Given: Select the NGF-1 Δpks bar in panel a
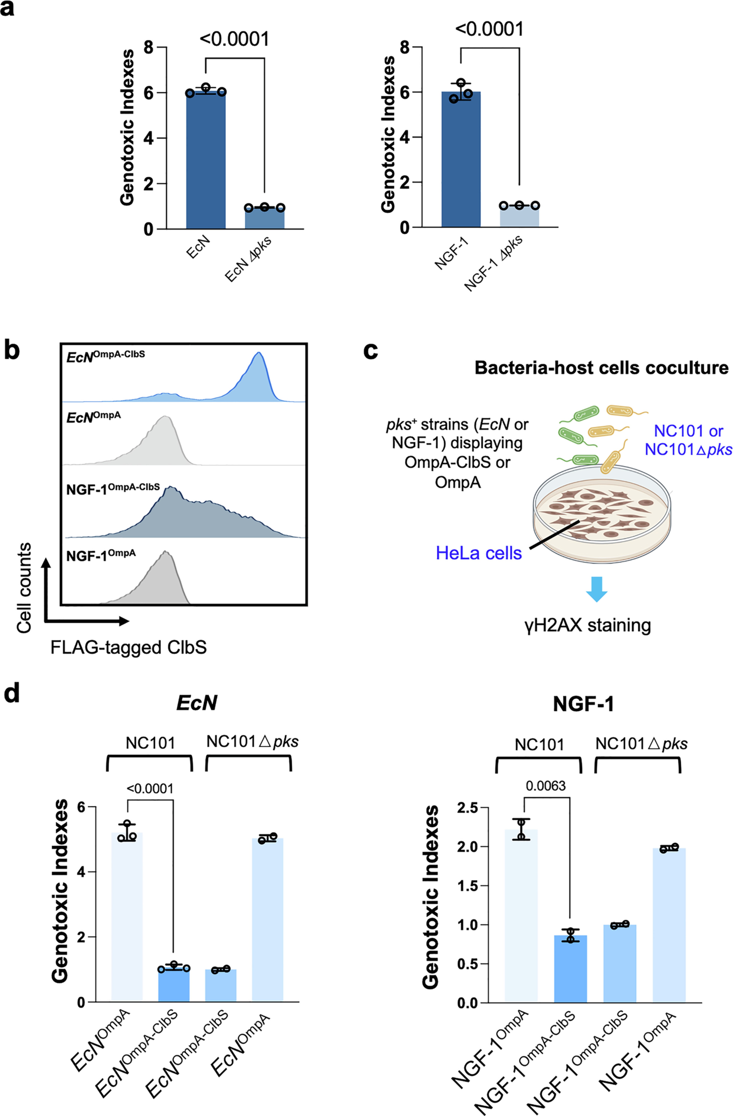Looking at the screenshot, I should [519, 217].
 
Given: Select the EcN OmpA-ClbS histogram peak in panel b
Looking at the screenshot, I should [257, 375].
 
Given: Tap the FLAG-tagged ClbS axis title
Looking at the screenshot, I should [129, 648].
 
